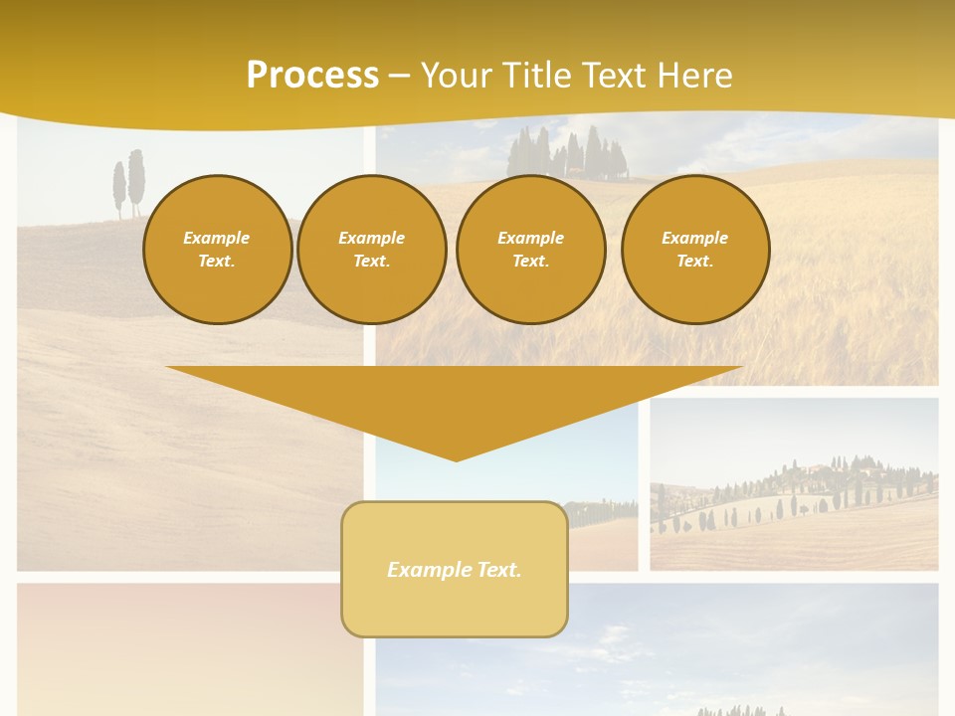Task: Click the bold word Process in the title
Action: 312,76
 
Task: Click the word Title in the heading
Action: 536,76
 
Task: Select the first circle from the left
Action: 217,250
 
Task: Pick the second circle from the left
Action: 371,250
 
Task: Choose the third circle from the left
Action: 530,250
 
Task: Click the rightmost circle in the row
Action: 694,250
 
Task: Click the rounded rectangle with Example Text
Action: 455,569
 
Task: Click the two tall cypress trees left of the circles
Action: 129,183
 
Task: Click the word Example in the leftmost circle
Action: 217,238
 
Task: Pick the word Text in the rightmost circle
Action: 694,262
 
